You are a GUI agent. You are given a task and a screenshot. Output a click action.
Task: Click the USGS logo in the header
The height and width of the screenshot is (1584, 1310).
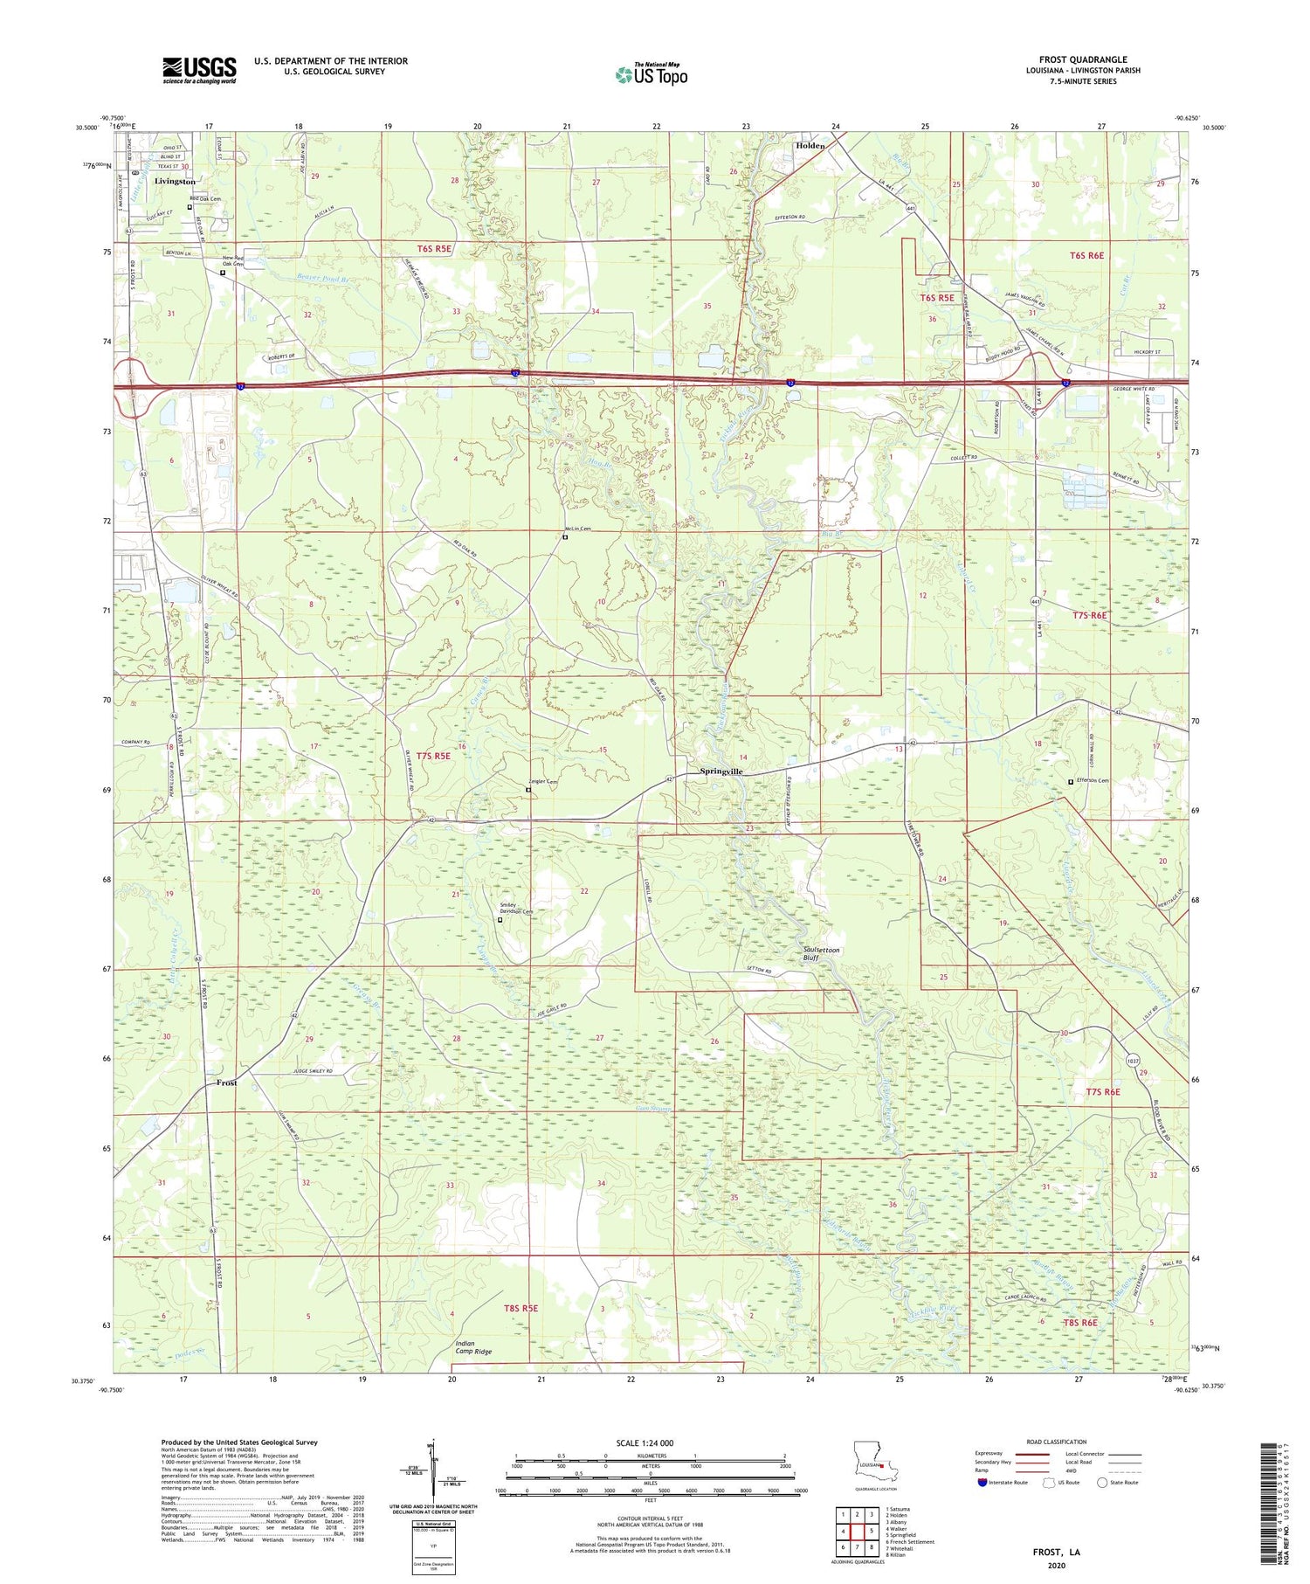(199, 70)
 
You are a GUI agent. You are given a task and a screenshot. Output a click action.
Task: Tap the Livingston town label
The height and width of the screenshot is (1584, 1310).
(175, 181)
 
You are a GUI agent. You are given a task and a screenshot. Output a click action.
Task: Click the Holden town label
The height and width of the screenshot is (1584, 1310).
(810, 146)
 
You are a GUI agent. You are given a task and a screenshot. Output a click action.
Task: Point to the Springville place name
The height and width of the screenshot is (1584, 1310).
(721, 771)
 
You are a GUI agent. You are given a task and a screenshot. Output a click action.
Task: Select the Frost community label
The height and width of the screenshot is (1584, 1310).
(227, 1083)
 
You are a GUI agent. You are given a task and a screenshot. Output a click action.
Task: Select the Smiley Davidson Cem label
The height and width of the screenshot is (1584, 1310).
(516, 909)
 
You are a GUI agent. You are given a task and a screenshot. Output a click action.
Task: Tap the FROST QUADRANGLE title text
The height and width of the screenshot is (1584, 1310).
(1083, 59)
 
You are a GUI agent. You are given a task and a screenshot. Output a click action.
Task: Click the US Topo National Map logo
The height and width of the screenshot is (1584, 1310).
(651, 74)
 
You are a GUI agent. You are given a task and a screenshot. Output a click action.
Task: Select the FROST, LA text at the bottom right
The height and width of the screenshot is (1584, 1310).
(1055, 1552)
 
